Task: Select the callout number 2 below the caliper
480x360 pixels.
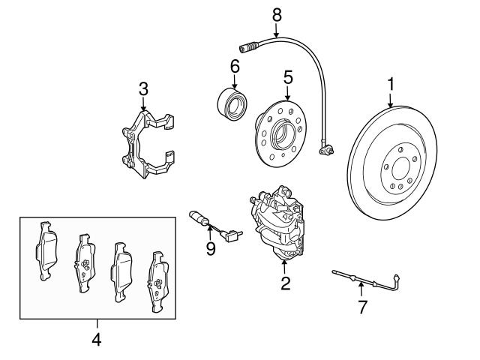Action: [285, 283]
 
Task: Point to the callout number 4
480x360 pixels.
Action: [95, 340]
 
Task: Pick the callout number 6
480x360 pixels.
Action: [235, 67]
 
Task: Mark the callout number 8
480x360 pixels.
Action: [276, 13]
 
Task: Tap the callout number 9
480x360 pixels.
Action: [211, 248]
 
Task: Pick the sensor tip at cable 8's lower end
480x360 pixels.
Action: [325, 152]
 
